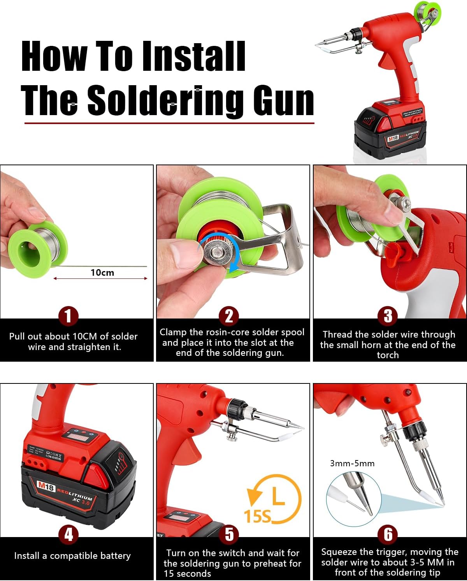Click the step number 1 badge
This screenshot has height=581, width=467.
click(68, 316)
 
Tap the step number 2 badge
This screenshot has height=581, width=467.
click(229, 316)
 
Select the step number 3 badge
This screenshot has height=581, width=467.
click(388, 316)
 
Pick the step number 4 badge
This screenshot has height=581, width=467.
click(68, 534)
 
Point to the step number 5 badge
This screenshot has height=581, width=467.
click(229, 534)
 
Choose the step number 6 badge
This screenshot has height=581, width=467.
click(388, 534)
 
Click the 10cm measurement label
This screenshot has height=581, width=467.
click(102, 273)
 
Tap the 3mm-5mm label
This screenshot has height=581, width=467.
click(352, 463)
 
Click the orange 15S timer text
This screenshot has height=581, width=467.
click(257, 516)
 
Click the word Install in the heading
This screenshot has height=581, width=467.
click(193, 57)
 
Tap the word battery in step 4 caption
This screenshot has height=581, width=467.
click(115, 556)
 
